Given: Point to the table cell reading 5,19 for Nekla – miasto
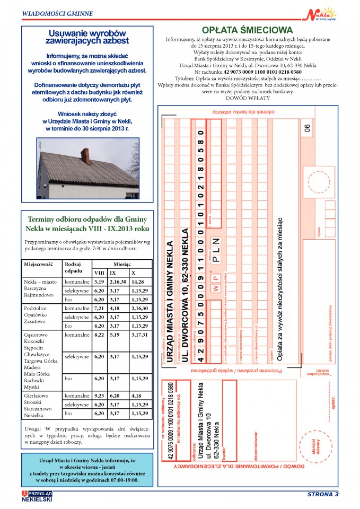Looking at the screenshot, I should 99,281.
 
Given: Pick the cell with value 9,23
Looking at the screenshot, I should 99,396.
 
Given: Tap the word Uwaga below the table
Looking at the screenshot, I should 33,428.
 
